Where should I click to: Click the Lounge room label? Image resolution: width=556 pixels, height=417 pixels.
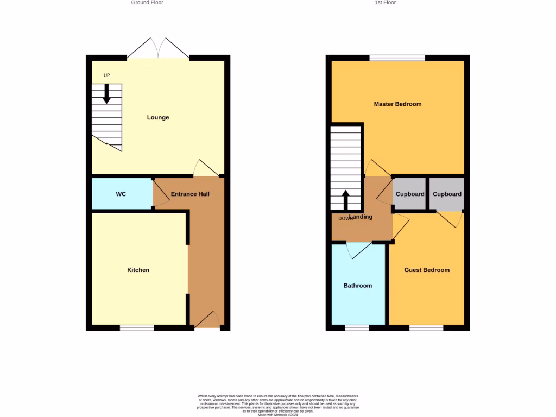(x=158, y=117)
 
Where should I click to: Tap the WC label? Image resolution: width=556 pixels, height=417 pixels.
(x=121, y=194)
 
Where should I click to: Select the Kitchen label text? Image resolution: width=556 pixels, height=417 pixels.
(x=138, y=270)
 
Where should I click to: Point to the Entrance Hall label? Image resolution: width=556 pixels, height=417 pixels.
(x=190, y=194)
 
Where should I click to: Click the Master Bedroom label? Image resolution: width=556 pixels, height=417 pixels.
(x=397, y=104)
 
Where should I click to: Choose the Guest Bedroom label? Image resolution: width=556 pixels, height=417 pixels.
(x=427, y=270)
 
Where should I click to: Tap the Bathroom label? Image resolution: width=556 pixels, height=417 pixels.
(x=358, y=286)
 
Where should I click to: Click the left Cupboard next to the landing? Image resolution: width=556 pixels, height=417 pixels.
(x=410, y=194)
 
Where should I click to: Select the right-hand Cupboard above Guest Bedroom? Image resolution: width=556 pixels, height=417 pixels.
(x=447, y=194)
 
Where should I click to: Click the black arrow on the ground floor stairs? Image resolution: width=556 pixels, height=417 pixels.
(x=106, y=93)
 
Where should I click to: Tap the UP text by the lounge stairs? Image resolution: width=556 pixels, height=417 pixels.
(x=106, y=75)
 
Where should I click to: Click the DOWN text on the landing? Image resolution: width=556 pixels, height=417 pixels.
(x=345, y=219)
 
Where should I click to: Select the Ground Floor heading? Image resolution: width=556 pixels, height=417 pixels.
(x=147, y=3)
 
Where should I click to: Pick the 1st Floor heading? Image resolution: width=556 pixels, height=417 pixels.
(x=385, y=3)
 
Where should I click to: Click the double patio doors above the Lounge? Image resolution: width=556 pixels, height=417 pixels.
(x=158, y=49)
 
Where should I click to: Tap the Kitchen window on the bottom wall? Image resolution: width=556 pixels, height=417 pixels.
(x=137, y=328)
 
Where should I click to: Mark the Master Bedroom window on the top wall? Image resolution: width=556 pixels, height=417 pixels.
(x=397, y=57)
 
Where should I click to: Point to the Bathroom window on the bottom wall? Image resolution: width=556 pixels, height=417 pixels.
(x=357, y=328)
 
